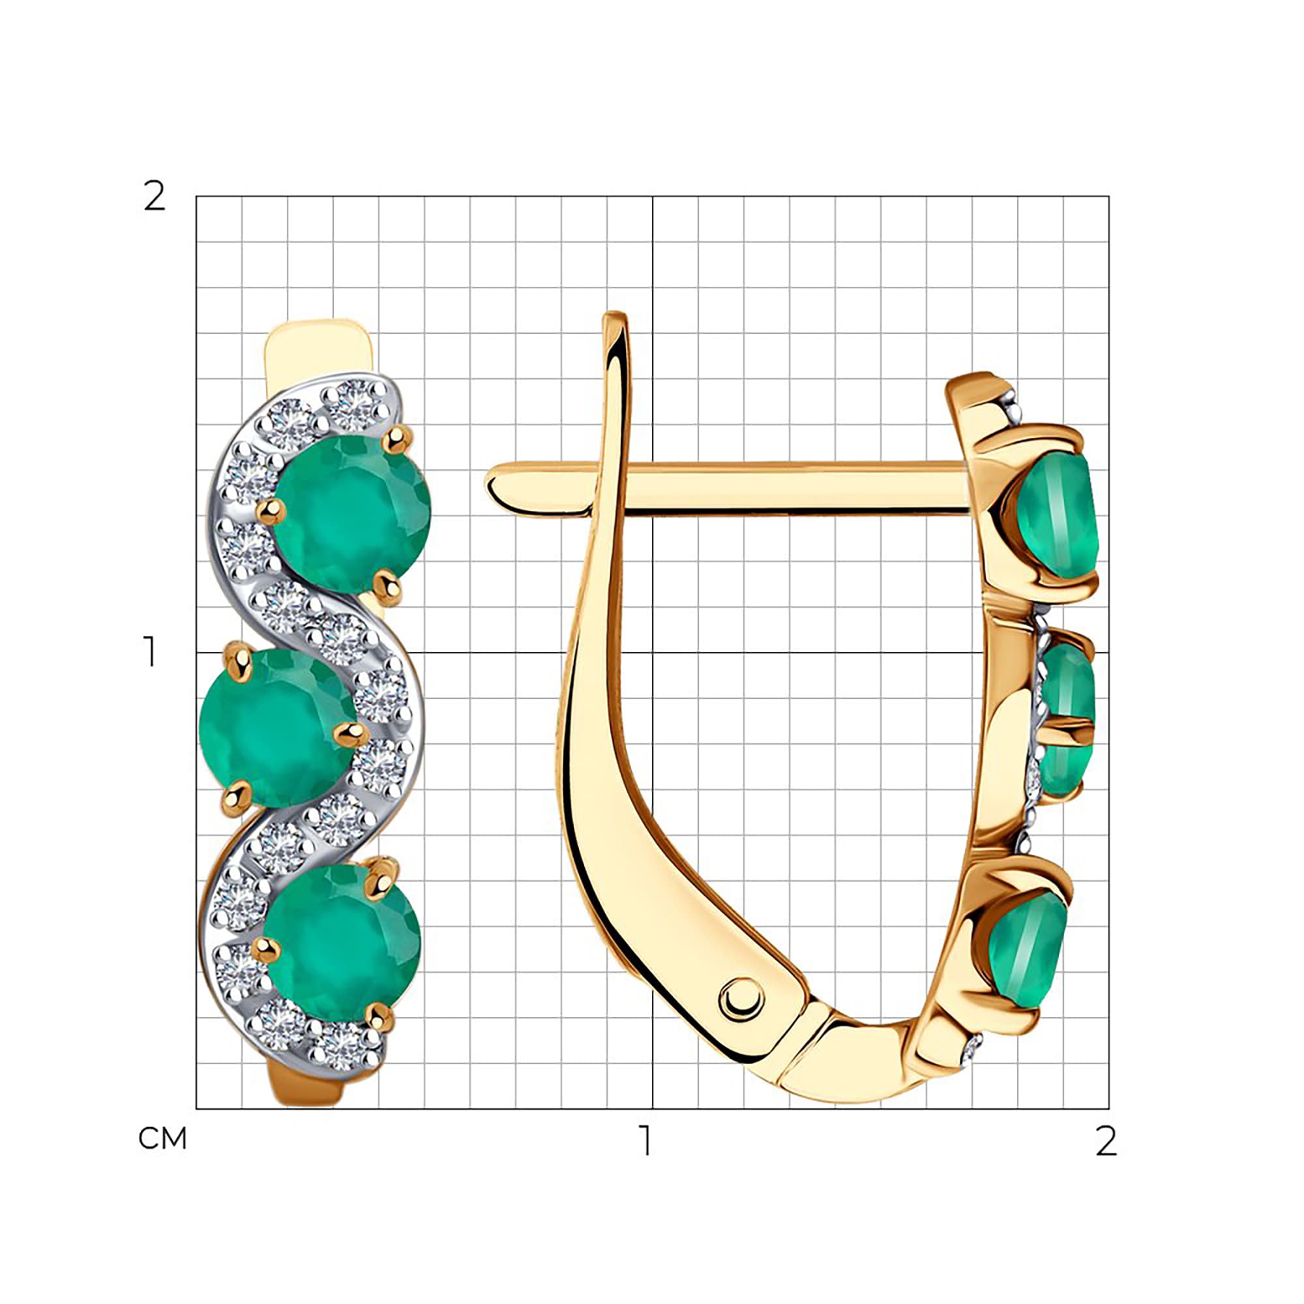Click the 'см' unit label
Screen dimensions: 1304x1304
pos(162,1138)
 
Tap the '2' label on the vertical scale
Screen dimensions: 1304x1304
pos(155,196)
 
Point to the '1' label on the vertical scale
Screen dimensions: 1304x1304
pos(149,652)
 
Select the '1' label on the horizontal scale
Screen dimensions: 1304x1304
pos(647,1140)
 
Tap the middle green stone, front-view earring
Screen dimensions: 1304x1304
pos(276,726)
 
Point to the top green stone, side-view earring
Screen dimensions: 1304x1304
pos(1057,516)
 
